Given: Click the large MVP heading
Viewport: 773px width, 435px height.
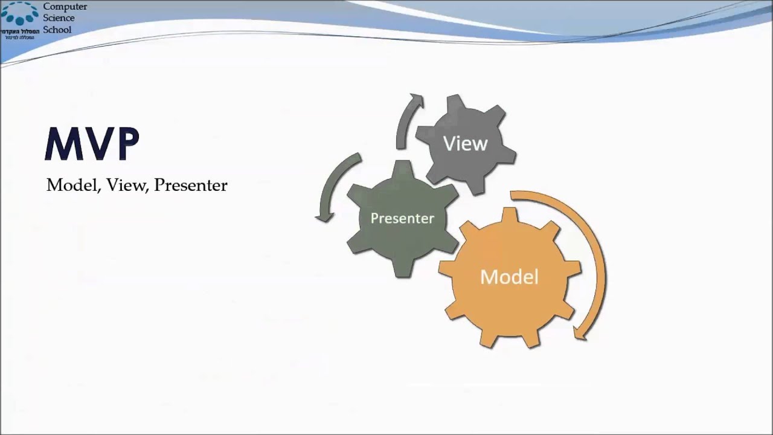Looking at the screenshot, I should click(x=92, y=144).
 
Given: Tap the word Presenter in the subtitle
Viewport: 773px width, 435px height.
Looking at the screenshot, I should click(x=190, y=185).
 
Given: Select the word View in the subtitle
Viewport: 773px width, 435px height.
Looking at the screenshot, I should click(x=127, y=185).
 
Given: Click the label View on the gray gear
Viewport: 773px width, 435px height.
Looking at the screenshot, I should click(x=465, y=144).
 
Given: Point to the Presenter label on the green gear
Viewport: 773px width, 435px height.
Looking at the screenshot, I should click(x=402, y=218).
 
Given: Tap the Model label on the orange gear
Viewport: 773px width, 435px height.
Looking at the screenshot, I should click(x=509, y=277).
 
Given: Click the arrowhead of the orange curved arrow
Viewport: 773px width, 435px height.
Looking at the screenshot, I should click(x=580, y=332).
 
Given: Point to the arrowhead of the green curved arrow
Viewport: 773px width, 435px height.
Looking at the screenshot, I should click(x=325, y=216).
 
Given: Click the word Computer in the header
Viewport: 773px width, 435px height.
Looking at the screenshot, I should click(x=65, y=7).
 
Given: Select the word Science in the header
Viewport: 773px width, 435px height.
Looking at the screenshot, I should click(x=59, y=18).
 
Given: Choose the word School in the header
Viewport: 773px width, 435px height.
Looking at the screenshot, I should click(x=57, y=30).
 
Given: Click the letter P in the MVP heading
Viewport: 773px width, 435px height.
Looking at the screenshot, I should click(x=124, y=144).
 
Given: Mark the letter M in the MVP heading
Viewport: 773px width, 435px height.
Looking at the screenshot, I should click(x=62, y=144).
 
